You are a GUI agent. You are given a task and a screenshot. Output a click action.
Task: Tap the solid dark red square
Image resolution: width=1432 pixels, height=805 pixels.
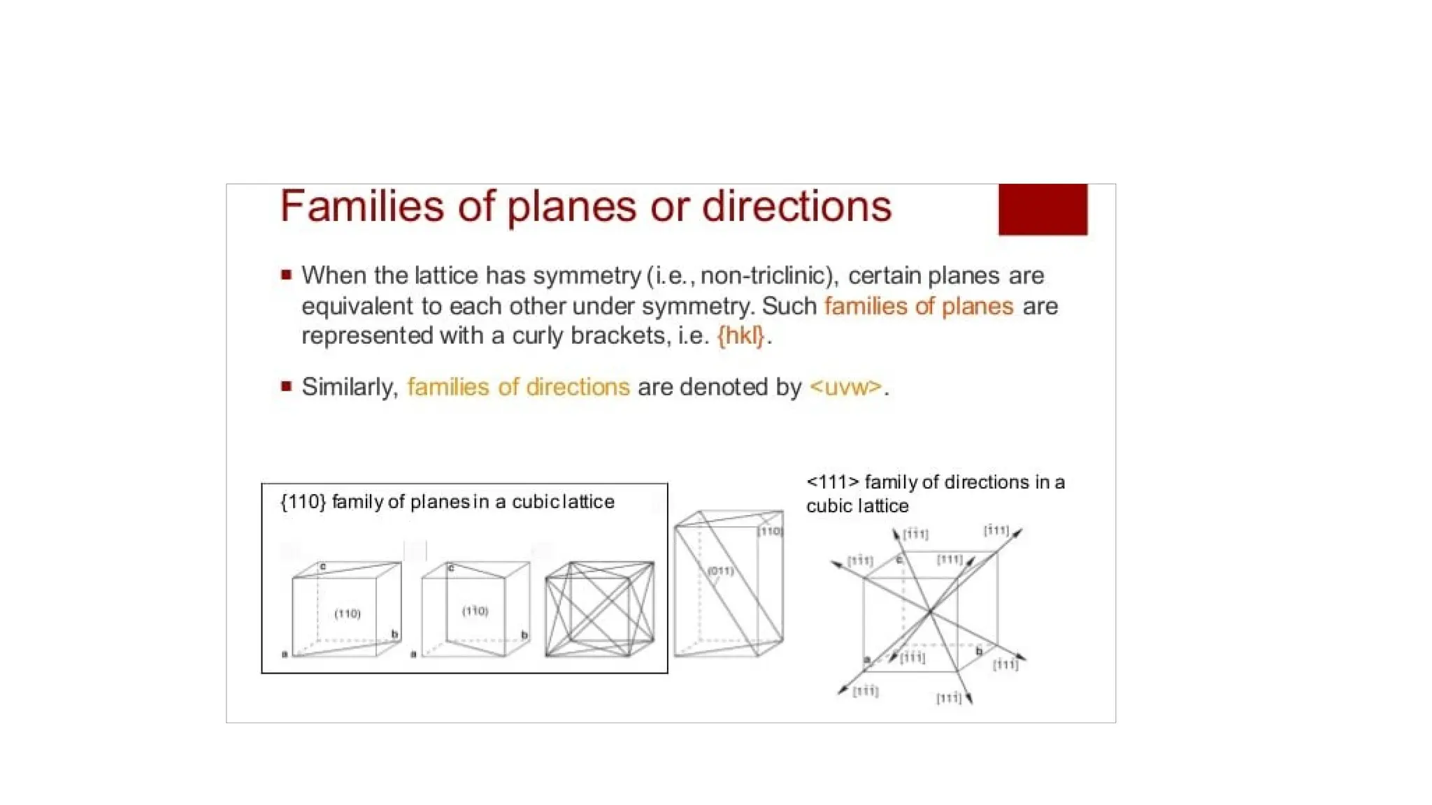coord(1043,210)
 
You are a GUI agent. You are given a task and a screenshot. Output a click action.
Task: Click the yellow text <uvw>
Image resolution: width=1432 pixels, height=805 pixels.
coord(846,386)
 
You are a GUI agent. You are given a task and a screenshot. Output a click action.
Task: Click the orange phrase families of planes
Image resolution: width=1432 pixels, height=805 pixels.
coord(919,306)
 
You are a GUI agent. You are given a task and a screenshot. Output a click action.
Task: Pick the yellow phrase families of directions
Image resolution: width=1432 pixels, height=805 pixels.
coord(518,386)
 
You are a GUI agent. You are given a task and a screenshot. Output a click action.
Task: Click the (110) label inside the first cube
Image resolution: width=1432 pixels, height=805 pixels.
coord(348,614)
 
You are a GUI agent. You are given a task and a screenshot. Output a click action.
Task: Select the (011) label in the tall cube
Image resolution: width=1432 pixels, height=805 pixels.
coord(720,571)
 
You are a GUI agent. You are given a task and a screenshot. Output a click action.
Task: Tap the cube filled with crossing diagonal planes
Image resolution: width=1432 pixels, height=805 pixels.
coord(599,609)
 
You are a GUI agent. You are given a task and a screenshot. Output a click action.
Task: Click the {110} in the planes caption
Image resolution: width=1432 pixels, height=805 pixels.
coord(303,502)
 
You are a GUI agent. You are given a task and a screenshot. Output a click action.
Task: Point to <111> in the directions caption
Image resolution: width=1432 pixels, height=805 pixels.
coord(831,482)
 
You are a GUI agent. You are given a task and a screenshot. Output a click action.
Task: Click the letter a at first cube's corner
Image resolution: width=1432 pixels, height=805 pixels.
coord(285,654)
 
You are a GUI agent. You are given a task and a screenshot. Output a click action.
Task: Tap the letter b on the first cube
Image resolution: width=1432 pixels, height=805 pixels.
coord(394,634)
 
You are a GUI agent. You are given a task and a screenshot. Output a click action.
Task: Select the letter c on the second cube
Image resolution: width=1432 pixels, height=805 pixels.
coord(451,567)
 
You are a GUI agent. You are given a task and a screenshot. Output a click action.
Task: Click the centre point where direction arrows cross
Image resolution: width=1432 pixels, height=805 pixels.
coord(930,612)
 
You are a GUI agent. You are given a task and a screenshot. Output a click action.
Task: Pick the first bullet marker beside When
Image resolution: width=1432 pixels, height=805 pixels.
coord(286,275)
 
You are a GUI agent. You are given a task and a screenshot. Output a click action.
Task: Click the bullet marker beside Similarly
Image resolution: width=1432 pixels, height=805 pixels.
coord(286,386)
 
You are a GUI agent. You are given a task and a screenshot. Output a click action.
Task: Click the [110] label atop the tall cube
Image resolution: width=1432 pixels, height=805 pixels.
coord(770,531)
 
